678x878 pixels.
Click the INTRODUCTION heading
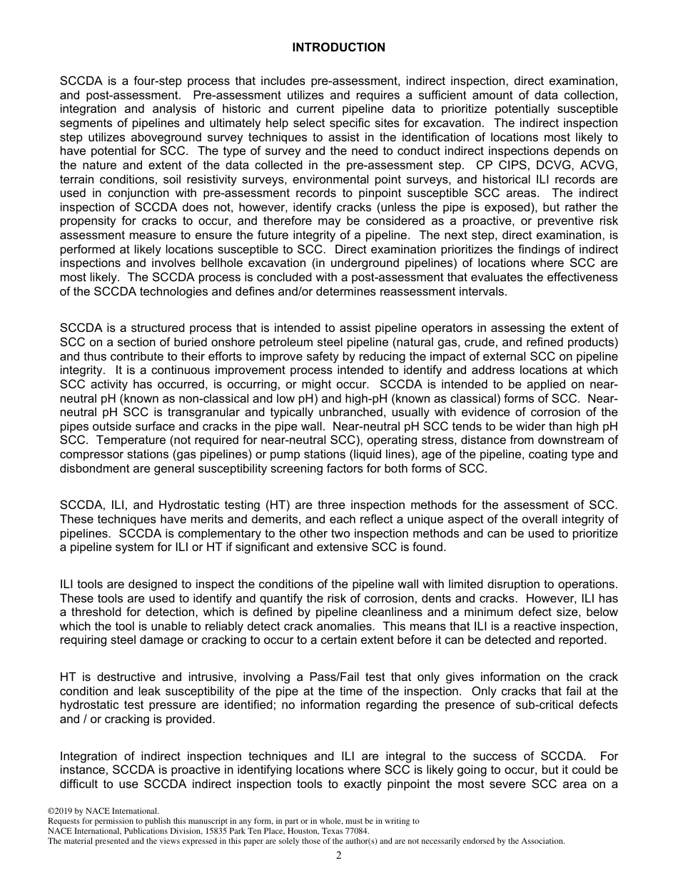coord(338,48)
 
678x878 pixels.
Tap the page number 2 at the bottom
coord(339,856)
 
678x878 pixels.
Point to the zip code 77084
coord(355,831)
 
